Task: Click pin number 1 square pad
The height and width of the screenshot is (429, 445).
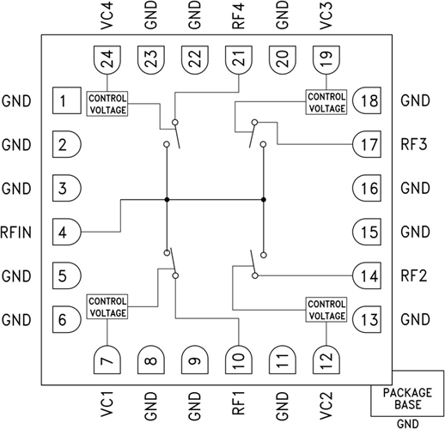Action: pos(64,101)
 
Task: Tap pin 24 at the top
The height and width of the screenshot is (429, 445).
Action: pos(107,59)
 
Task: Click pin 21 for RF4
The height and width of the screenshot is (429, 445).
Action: pos(236,59)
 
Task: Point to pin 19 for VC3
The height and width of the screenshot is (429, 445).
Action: pos(323,59)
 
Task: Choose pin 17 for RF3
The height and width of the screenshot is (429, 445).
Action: pos(363,144)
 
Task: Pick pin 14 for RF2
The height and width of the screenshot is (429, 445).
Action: pos(363,275)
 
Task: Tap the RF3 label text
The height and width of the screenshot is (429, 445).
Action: pos(414,144)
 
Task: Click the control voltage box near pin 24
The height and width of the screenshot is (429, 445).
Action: pos(107,102)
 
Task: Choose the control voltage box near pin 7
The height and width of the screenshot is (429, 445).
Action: pos(107,306)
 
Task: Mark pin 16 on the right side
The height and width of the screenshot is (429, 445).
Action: pos(363,188)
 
